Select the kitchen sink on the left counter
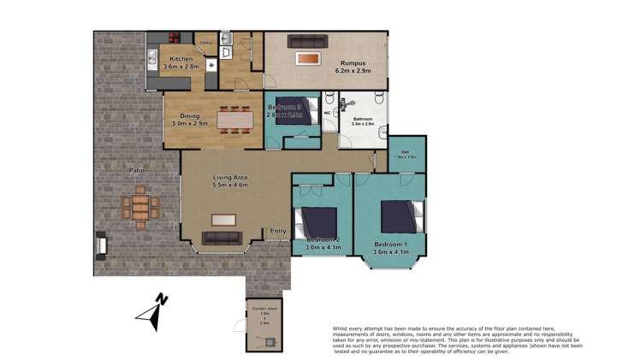tap(151, 57)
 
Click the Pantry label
tap(206, 41)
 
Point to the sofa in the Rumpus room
tap(307, 40)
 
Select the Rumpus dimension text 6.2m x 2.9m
tap(353, 71)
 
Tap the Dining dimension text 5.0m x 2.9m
tap(186, 125)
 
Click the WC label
tap(328, 112)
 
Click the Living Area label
tap(230, 177)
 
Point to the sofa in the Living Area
tap(221, 239)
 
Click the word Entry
tap(277, 231)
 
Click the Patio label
tap(136, 171)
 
